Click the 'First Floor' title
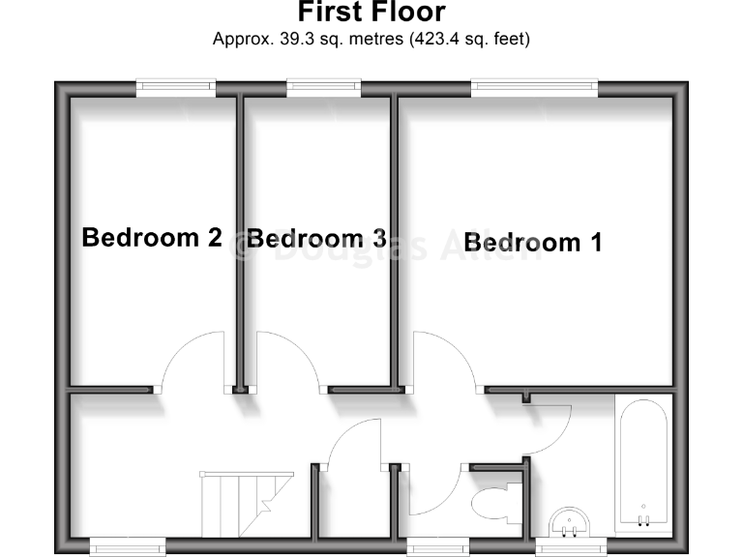coord(371,13)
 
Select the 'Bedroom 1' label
coord(532,242)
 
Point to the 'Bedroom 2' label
coord(152,237)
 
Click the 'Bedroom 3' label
coord(317,238)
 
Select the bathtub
coord(642,464)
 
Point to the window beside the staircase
coord(127,546)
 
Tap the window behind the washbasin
coord(571,546)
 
